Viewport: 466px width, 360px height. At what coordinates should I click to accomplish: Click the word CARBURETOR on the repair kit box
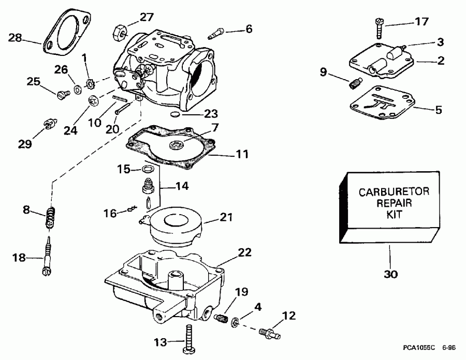[387, 192]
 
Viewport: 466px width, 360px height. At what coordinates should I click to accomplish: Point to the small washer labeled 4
[235, 322]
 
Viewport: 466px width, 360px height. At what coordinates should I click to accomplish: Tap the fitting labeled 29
[49, 124]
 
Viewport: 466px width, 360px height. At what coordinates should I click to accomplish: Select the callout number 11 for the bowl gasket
[242, 154]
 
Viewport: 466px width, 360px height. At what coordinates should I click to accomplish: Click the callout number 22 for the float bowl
[244, 252]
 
